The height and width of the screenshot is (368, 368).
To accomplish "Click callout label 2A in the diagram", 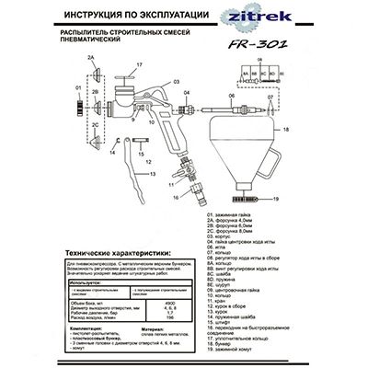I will [92, 58].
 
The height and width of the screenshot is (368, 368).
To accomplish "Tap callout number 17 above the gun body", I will [140, 64].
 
